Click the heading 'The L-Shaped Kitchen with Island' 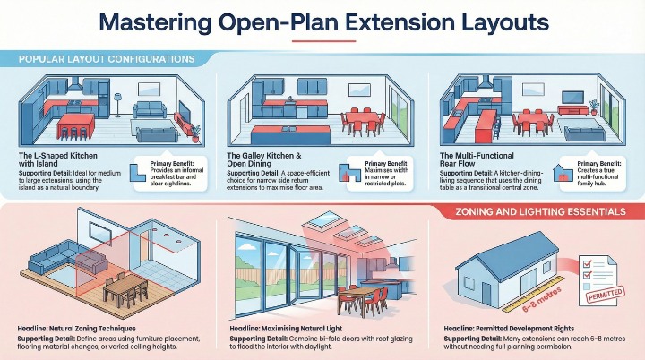click(x=54, y=158)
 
